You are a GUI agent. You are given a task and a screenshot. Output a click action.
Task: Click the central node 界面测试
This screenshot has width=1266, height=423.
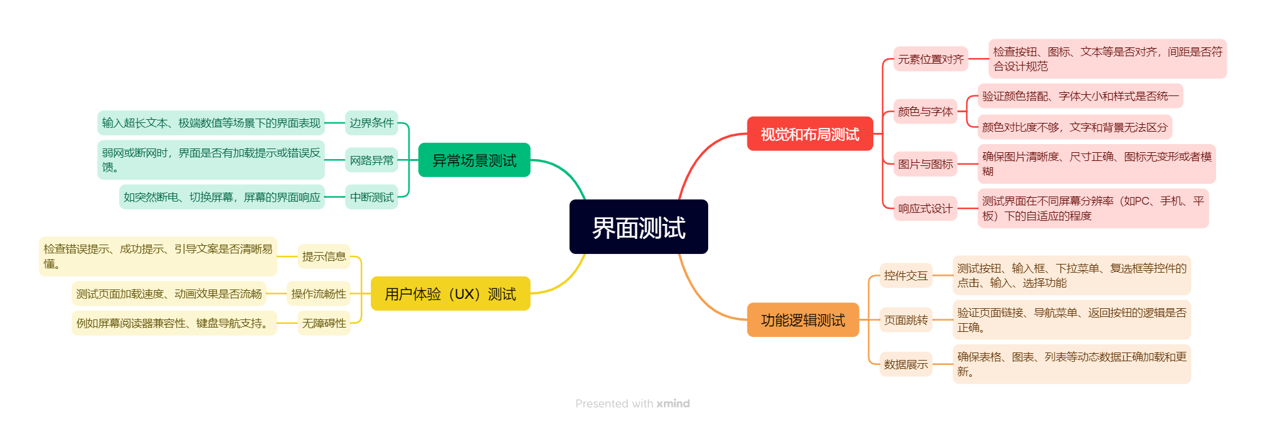pos(638,227)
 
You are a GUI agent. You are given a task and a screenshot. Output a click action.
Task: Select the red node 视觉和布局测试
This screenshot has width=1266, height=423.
pos(810,134)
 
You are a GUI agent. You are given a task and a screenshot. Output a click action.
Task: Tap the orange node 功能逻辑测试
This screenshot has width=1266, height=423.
pos(803,320)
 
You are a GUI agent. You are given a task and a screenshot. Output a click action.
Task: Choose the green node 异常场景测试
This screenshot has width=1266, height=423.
pos(474,160)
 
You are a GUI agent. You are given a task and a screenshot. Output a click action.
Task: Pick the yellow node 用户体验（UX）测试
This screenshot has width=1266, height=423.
pos(450,294)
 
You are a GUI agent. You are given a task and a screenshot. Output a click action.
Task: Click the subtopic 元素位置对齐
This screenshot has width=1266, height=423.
pos(931,59)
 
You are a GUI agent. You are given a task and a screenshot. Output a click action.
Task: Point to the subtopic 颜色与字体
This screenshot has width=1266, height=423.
pos(925,112)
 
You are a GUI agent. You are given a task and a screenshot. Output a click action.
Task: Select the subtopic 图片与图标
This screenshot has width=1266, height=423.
pos(925,164)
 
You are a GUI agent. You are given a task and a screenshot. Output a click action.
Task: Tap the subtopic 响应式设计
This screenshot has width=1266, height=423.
pos(925,208)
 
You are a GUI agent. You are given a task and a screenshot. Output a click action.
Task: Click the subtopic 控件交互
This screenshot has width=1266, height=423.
pos(906,276)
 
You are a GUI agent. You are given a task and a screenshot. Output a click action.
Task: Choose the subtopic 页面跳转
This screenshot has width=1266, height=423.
pos(906,320)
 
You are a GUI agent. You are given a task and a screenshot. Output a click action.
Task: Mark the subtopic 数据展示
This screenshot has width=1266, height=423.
pos(906,364)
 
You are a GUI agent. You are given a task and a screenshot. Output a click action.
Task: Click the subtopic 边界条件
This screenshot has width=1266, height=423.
pos(372,123)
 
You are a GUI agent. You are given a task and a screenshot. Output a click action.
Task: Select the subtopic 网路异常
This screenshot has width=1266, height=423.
pos(372,160)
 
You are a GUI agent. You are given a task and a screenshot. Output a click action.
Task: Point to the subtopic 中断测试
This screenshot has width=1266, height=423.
pos(372,197)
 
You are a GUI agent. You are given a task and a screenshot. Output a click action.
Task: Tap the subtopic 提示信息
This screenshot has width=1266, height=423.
pos(324,256)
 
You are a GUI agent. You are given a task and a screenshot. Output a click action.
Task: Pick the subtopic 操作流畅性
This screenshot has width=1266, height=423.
pos(319,294)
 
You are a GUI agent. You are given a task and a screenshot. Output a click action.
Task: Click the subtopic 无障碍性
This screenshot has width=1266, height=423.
pos(324,323)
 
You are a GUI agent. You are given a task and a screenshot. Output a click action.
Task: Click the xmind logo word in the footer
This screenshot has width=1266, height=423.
pos(673,404)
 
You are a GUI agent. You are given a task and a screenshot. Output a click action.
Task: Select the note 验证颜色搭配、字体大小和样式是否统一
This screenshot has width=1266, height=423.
pos(1080,96)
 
